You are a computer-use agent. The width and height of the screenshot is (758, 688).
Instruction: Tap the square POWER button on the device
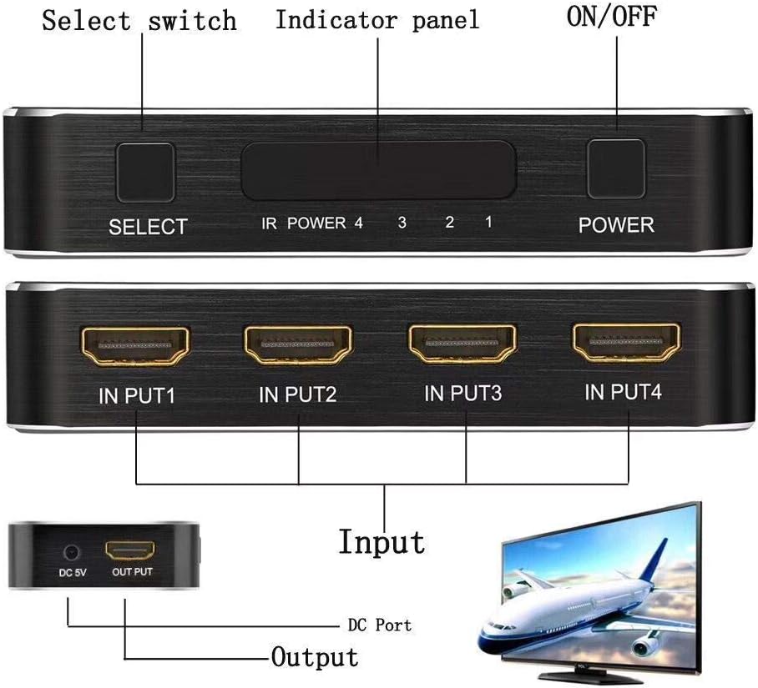pyautogui.click(x=616, y=169)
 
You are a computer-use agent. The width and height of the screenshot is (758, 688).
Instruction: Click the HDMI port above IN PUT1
pyautogui.click(x=134, y=346)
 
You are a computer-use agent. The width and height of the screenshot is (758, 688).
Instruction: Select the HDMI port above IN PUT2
pyautogui.click(x=298, y=346)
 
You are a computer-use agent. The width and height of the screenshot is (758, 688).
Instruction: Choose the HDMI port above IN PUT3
pyautogui.click(x=462, y=344)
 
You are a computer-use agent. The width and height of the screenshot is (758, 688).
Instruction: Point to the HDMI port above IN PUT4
pyautogui.click(x=625, y=343)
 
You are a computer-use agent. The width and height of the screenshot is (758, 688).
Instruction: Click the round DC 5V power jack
pyautogui.click(x=70, y=552)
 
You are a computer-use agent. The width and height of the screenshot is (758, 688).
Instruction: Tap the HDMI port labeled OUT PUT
pyautogui.click(x=131, y=551)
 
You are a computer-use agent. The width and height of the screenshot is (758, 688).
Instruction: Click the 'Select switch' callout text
pyautogui.click(x=139, y=20)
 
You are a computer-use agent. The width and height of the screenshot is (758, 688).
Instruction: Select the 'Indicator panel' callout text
pyautogui.click(x=377, y=20)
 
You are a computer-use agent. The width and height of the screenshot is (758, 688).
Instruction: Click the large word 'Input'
pyautogui.click(x=382, y=541)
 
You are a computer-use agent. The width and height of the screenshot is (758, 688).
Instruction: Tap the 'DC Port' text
pyautogui.click(x=379, y=625)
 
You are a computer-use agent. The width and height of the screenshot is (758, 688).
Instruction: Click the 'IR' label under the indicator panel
pyautogui.click(x=269, y=223)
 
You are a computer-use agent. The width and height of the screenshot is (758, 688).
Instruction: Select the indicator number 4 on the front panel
pyautogui.click(x=358, y=223)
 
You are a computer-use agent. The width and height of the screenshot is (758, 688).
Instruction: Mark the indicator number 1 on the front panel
pyautogui.click(x=488, y=223)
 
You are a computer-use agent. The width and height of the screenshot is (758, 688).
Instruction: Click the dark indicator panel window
pyautogui.click(x=377, y=169)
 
